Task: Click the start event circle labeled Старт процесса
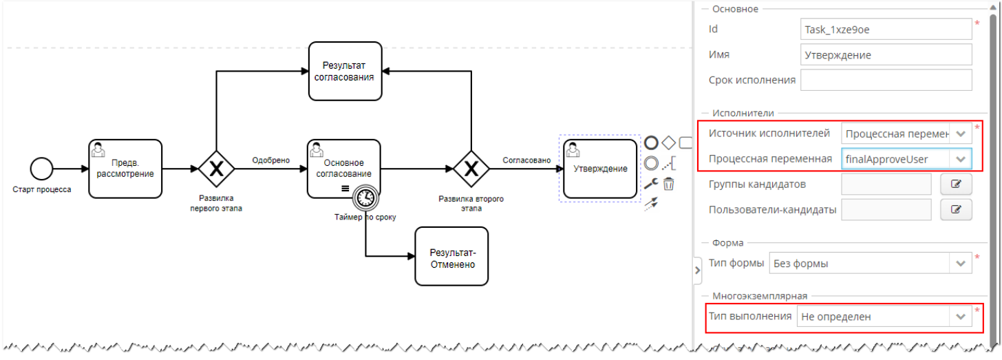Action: coord(41,168)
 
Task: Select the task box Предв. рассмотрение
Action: coord(125,169)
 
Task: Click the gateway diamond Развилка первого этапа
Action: coord(217,169)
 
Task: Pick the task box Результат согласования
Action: coord(345,71)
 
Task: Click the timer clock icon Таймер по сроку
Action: coord(365,198)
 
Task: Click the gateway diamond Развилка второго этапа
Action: coord(471,169)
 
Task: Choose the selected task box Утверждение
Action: coord(600,169)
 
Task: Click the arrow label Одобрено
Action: coord(270,160)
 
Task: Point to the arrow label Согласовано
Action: coord(526,160)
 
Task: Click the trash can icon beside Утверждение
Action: coord(668,184)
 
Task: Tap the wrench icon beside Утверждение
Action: coord(650,184)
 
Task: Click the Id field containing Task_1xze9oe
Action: coord(886,30)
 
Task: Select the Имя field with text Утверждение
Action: coord(886,55)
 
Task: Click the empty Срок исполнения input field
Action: coord(886,80)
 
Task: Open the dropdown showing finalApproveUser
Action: coord(906,159)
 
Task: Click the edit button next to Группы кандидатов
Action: coord(956,184)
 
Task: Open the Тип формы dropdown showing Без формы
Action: coord(870,263)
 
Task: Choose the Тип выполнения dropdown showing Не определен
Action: coord(884,317)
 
